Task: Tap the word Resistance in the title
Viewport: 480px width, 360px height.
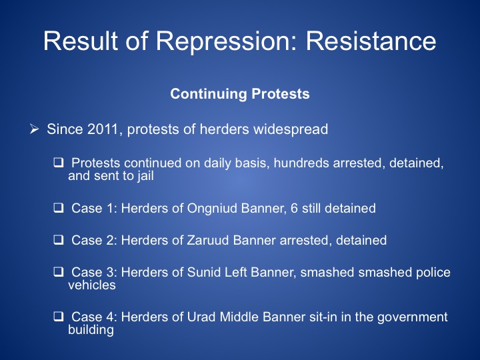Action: point(371,41)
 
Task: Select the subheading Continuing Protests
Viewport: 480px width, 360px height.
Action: point(240,94)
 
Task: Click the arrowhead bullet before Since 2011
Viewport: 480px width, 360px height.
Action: point(34,129)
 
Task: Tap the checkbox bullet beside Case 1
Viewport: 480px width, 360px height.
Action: point(59,208)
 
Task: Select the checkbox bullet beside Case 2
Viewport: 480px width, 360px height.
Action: point(59,240)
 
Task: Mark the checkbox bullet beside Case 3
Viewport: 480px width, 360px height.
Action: point(59,272)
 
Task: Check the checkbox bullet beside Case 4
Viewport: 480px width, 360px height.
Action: point(59,316)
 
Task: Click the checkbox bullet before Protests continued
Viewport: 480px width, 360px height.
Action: point(59,162)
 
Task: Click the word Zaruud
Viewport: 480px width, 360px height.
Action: point(208,240)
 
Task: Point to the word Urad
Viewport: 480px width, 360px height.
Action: point(201,317)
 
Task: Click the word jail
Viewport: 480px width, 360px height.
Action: point(145,176)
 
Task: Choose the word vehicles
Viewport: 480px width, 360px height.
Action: point(92,285)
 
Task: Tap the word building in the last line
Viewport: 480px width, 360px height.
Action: point(91,330)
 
